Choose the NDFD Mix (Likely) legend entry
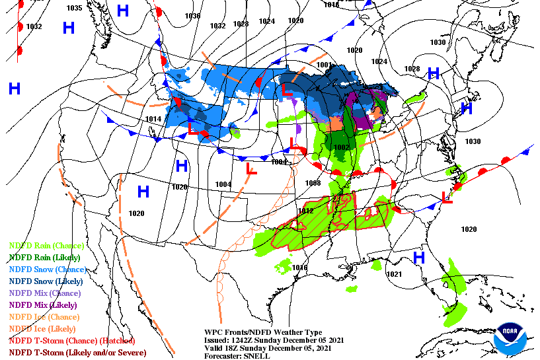(42, 305)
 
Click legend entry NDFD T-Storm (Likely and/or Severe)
(77, 353)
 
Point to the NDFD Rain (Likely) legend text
(44, 258)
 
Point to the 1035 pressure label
(75, 8)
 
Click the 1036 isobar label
(192, 16)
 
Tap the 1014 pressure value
(153, 119)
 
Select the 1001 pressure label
(324, 65)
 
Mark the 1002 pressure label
(341, 147)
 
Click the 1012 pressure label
(305, 211)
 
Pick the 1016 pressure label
(300, 268)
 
